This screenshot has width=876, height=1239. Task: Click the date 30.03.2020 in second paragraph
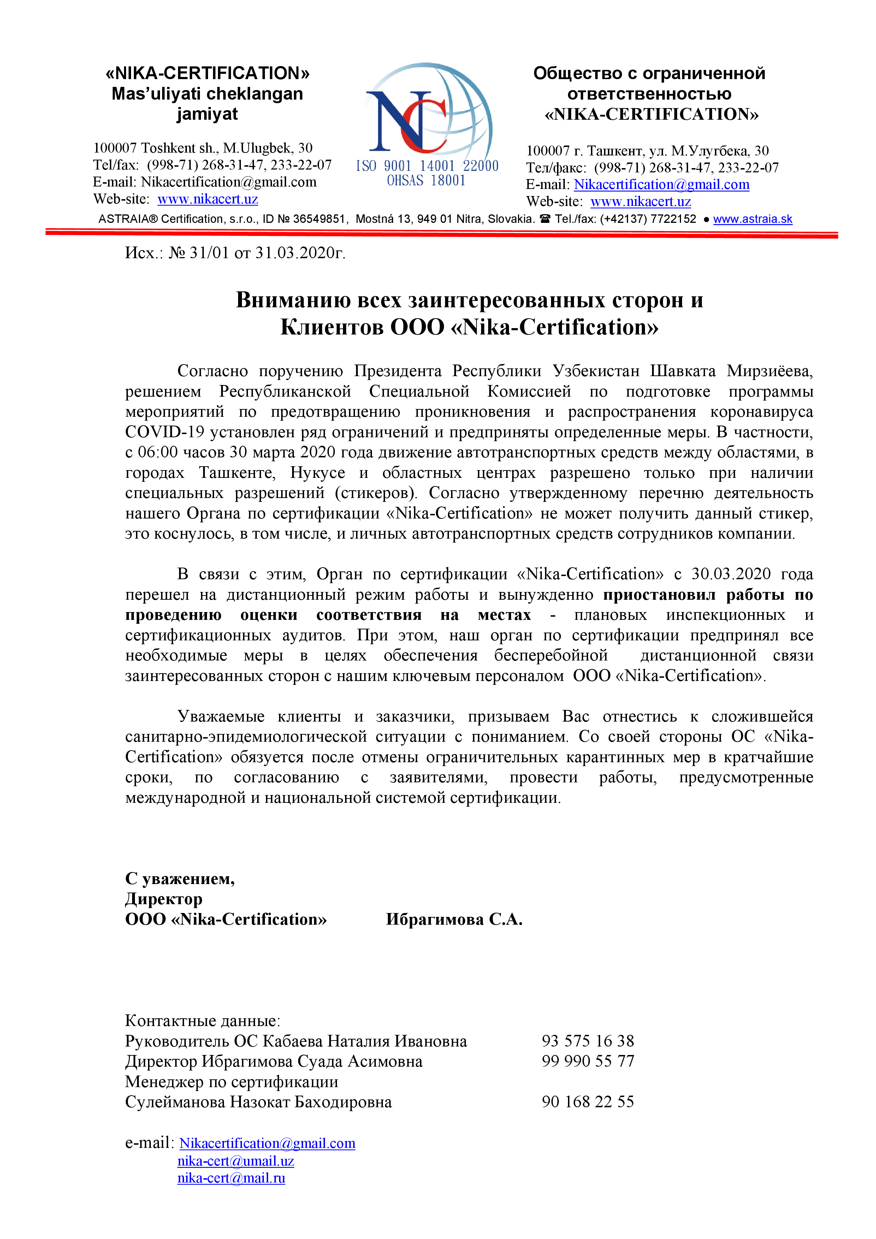click(x=731, y=574)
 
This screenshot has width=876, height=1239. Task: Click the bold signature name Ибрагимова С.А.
click(x=454, y=919)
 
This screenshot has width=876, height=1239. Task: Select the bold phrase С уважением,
click(x=180, y=878)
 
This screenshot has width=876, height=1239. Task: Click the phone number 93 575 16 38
click(x=588, y=1041)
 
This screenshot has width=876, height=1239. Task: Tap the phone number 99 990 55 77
click(x=588, y=1061)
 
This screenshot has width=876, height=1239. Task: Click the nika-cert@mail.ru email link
click(x=231, y=1178)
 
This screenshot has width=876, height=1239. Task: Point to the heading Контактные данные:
click(x=202, y=1020)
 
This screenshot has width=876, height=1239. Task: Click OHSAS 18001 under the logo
click(x=426, y=181)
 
